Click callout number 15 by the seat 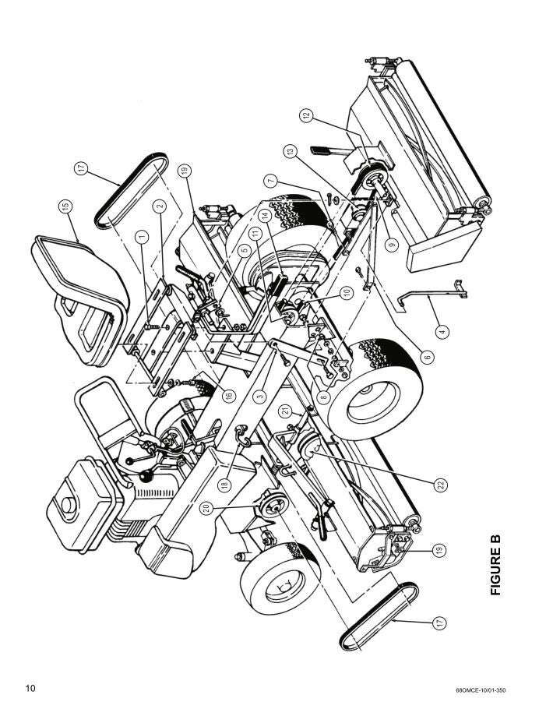click(x=65, y=206)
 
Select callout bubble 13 click(x=291, y=150)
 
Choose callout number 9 click(x=392, y=243)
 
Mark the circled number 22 click(x=441, y=485)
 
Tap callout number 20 click(x=206, y=507)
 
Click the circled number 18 click(x=224, y=483)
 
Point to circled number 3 click(x=260, y=395)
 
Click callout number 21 click(x=286, y=410)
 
